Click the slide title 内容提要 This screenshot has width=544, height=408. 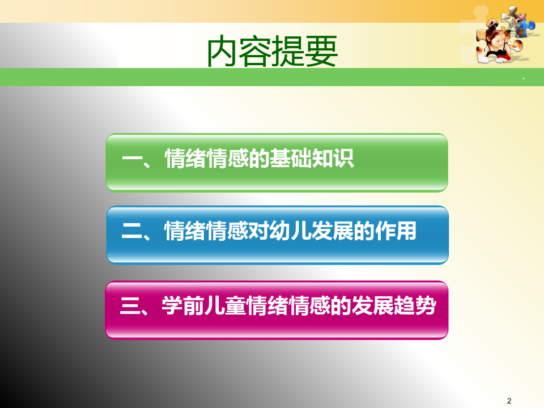tap(272, 52)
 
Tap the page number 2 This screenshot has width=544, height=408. tap(509, 401)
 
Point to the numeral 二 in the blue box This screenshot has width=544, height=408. tap(132, 231)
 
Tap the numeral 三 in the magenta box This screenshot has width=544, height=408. tap(130, 305)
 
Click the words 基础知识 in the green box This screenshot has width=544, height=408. tap(312, 159)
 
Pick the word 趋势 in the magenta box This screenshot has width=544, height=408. tap(415, 305)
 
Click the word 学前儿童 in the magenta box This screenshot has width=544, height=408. tap(204, 305)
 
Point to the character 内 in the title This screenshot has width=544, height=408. tap(222, 52)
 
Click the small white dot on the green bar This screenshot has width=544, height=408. tap(523, 79)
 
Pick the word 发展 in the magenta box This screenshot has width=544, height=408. tap(373, 305)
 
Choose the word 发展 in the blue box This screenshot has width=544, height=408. tap(333, 231)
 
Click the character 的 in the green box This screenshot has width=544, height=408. tap(259, 159)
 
